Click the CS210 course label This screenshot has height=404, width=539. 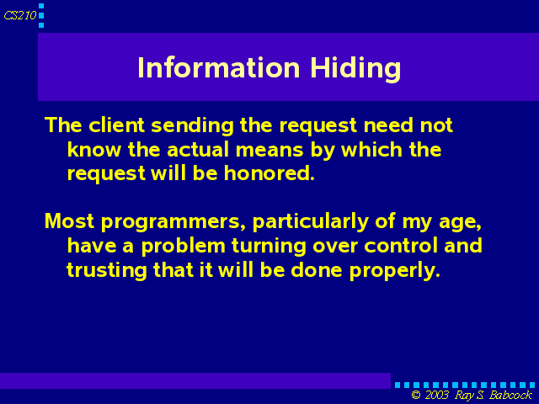tap(20, 15)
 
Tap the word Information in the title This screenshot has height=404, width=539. tap(219, 67)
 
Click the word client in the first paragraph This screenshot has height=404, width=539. tap(116, 125)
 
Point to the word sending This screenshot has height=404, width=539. tap(193, 126)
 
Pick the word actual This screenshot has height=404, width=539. tap(198, 150)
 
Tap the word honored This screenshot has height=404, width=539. tap(269, 173)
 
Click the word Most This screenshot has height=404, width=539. tap(69, 221)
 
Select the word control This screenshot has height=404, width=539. tap(401, 246)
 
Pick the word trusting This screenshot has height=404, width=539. tap(107, 271)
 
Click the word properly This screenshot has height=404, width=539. tap(395, 271)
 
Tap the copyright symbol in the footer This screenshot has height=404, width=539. tap(416, 395)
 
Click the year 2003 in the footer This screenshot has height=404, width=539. tap(437, 395)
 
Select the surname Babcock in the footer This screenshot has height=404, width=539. tap(510, 395)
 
